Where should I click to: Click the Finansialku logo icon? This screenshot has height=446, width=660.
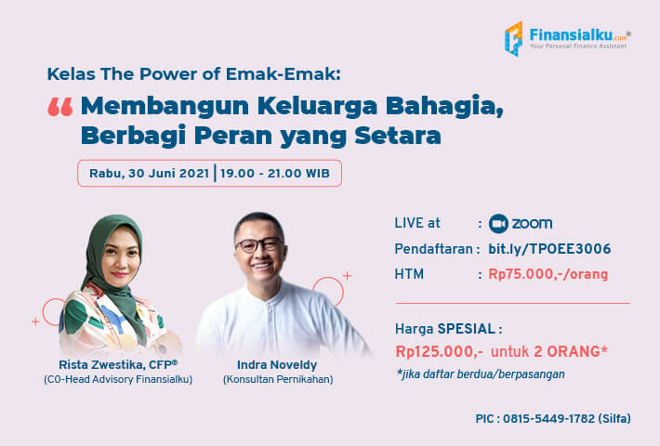514,39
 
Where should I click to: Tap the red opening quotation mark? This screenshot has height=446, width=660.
60,107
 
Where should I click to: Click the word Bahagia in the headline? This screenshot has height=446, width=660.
444,106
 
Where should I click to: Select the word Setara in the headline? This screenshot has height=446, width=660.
398,136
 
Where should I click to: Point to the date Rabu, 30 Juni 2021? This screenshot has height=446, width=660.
149,174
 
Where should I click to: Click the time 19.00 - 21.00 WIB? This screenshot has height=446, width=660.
275,174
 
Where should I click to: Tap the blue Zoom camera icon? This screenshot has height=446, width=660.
498,224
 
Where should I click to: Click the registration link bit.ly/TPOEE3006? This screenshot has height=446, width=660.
549,249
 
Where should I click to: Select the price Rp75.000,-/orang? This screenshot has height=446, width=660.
548,274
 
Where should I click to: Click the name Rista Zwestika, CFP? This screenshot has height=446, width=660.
118,364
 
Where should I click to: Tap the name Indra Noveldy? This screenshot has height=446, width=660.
277,365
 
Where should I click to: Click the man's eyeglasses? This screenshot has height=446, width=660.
259,244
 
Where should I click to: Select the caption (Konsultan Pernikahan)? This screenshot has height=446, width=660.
278,379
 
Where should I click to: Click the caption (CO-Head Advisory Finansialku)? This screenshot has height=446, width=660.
118,379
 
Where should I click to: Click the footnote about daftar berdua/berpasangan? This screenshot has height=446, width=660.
481,374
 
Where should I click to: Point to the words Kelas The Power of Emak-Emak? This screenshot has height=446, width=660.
193,74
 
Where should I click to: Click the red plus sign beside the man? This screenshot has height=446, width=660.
348,276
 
